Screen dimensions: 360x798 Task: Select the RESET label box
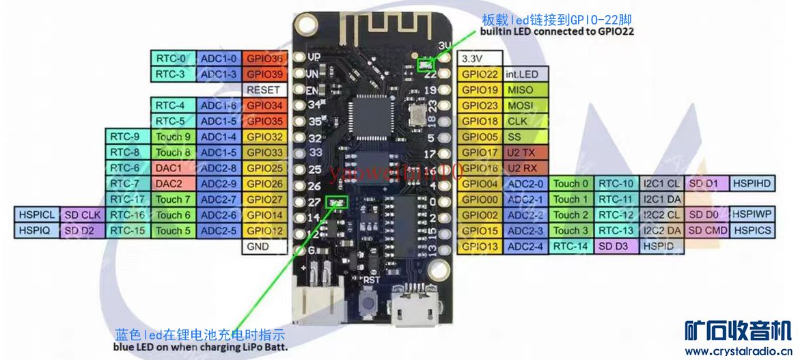point(264,89)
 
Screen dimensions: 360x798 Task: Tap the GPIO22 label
point(480,74)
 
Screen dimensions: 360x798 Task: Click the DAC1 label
point(169,168)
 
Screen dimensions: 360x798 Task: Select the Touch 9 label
point(174,137)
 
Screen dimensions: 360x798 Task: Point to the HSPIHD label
point(752,184)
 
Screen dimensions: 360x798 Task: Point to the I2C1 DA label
point(662,199)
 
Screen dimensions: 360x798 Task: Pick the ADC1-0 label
point(219,58)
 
